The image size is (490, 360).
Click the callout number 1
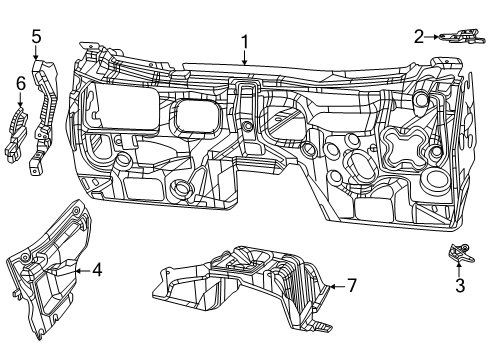click(243, 42)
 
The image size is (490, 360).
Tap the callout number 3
click(459, 285)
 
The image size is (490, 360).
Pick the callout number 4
click(97, 269)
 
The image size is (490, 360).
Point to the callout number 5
click(36, 38)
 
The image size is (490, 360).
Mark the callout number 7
click(351, 285)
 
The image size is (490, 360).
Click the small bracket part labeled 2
click(458, 38)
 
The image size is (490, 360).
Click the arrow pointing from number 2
click(433, 37)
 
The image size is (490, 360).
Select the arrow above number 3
click(459, 267)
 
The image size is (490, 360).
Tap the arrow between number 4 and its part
click(84, 269)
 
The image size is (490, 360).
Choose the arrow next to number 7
click(337, 285)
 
